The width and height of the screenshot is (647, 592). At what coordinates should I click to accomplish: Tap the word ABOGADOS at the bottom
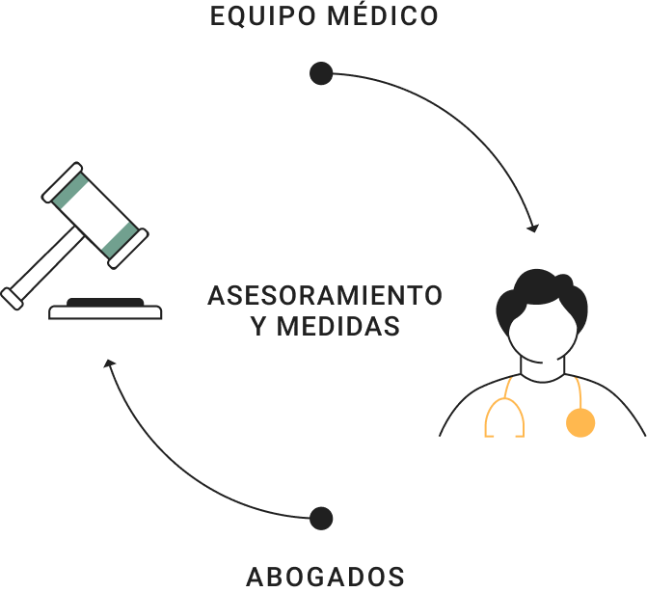click(325, 577)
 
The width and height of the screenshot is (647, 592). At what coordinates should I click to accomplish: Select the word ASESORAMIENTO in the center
click(325, 295)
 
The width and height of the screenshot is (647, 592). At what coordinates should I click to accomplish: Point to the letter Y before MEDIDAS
click(256, 327)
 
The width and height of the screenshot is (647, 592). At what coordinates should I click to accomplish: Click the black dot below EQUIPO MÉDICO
click(321, 73)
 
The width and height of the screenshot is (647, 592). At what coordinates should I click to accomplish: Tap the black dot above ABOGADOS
click(321, 519)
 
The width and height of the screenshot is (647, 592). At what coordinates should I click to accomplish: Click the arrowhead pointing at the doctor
click(532, 228)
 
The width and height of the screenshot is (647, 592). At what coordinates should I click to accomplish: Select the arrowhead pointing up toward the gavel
click(110, 365)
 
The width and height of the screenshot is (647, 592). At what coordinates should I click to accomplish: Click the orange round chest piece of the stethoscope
click(580, 422)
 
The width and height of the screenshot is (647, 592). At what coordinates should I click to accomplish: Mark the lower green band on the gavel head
click(121, 240)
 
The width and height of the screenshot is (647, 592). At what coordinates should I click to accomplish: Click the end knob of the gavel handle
click(13, 298)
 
